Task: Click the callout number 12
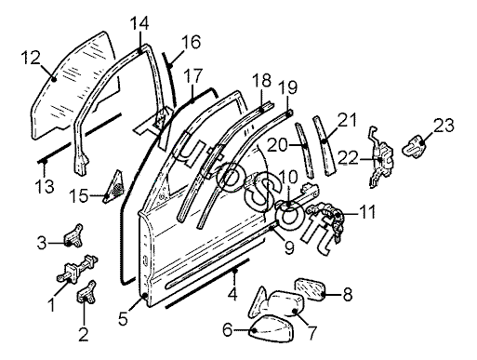pos(31,58)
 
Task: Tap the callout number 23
pos(444,126)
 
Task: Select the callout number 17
pos(192,76)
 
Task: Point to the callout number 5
pos(123,318)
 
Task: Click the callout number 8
pos(348,295)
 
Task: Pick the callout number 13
pos(45,187)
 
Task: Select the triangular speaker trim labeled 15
pos(114,187)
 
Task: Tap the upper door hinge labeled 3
pos(74,235)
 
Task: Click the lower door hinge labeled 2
pos(86,293)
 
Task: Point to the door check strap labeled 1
pos(76,269)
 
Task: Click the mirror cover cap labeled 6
pos(272,328)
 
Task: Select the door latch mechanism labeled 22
pos(381,157)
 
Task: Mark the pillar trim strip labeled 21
pos(324,146)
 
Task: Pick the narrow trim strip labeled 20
pos(304,150)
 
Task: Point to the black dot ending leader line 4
pos(235,271)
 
